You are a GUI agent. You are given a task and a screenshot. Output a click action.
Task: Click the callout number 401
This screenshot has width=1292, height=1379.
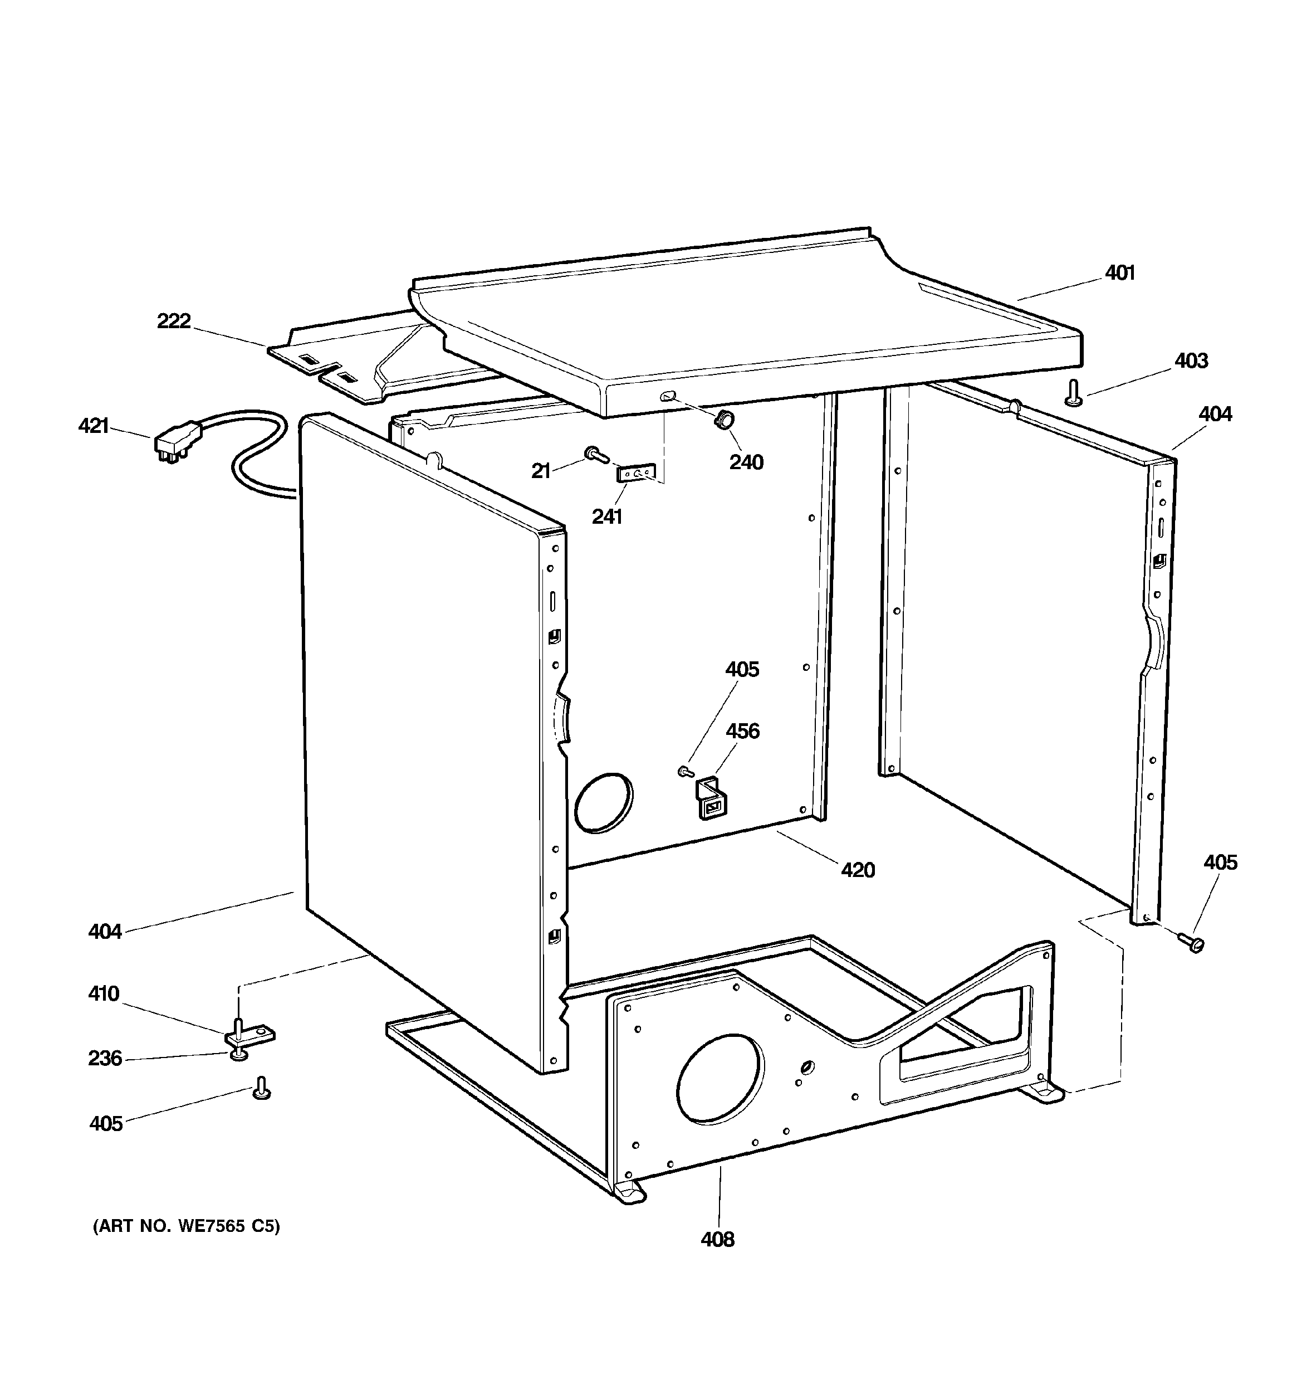(x=1119, y=274)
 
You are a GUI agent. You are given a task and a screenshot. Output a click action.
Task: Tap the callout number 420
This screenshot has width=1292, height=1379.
(x=858, y=870)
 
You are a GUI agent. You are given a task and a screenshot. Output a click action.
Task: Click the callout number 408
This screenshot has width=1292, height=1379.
(x=717, y=1239)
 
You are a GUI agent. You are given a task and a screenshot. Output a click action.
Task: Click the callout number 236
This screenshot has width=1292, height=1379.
(x=105, y=1059)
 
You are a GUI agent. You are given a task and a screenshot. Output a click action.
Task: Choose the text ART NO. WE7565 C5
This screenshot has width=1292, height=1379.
(x=187, y=1226)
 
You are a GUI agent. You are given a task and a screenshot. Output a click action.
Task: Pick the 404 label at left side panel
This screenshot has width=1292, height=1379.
(x=105, y=932)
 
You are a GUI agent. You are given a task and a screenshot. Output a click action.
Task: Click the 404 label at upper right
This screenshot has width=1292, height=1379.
(x=1215, y=414)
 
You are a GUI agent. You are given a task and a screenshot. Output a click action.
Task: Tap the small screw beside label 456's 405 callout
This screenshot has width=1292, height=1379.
(x=685, y=771)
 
